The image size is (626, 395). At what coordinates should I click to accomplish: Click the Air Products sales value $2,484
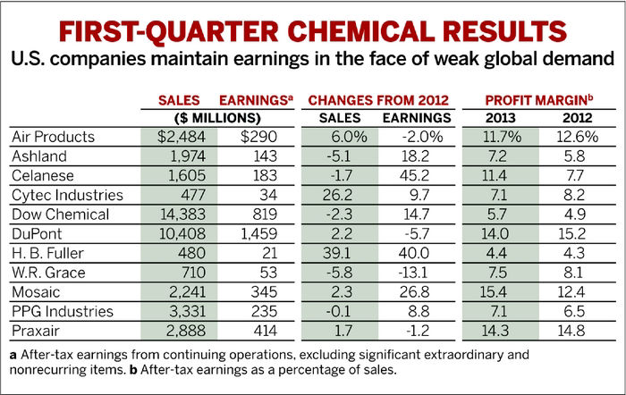(183, 137)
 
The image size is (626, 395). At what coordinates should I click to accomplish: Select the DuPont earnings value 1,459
(258, 232)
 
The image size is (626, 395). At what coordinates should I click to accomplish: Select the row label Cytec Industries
(70, 194)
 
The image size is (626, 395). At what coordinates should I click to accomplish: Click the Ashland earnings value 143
(264, 156)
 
